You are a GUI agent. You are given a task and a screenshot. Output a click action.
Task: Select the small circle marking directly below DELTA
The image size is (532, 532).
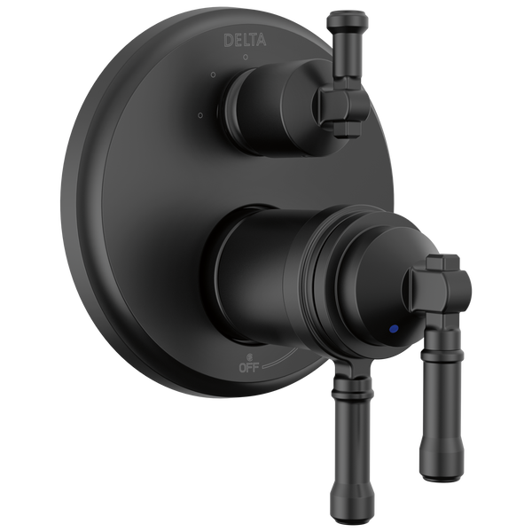pos(245,58)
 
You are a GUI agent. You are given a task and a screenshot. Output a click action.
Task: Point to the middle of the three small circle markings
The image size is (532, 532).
pos(214,77)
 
